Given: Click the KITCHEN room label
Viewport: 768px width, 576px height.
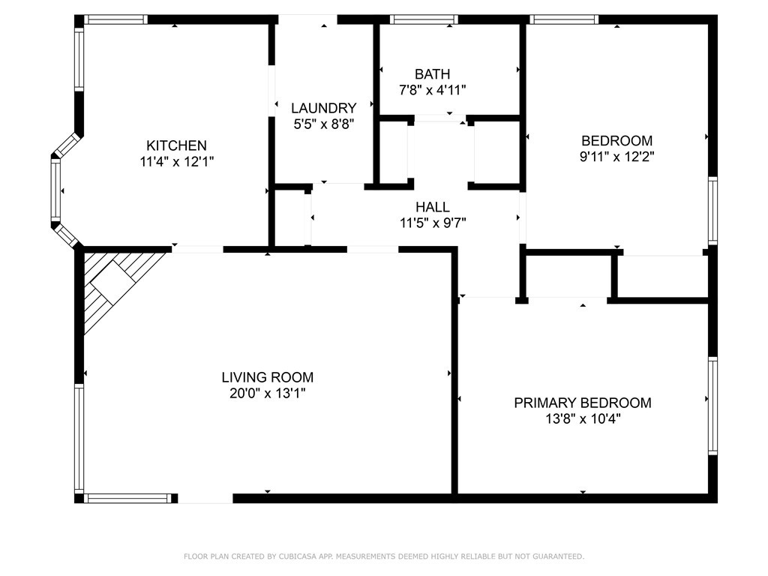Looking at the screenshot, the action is [x=176, y=145].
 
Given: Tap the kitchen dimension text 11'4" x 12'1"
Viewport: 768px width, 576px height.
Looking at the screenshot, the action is [x=177, y=162].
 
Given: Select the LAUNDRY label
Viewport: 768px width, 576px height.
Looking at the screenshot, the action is [x=324, y=108].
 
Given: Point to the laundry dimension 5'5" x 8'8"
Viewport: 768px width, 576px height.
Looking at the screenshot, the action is [x=324, y=124].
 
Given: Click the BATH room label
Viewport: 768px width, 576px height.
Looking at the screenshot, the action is [x=433, y=74].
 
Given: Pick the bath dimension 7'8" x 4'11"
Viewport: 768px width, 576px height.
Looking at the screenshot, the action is [x=433, y=90].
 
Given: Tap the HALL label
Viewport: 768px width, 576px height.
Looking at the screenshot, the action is [x=433, y=207].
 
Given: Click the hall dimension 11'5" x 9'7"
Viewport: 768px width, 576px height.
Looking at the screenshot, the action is [x=433, y=223].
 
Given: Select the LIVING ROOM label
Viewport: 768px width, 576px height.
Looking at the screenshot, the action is [x=268, y=377].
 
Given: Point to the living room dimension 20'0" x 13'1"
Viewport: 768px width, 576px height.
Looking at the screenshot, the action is [x=268, y=393].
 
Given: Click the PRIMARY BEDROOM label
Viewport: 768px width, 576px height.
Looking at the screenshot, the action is [x=583, y=403].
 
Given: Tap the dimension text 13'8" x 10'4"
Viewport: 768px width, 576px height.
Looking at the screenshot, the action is [x=583, y=418].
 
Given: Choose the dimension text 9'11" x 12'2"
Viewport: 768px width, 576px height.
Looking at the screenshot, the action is [x=617, y=157].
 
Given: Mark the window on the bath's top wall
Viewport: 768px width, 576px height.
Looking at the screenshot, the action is [x=424, y=19].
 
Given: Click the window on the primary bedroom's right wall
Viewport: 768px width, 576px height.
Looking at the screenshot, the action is [x=712, y=406].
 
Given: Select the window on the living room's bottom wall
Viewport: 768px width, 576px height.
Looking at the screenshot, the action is [x=130, y=499].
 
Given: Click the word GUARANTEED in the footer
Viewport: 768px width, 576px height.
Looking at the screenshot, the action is [x=557, y=556].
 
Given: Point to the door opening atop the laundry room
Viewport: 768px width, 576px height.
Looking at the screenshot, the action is [x=308, y=19].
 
